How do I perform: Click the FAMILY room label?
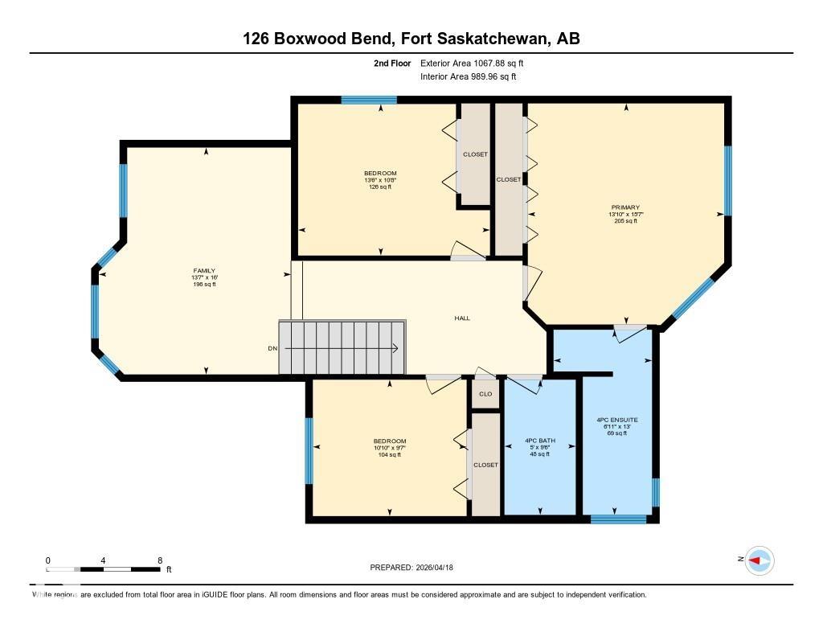(x=203, y=271)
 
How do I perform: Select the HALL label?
(x=462, y=318)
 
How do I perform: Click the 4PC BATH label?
(x=539, y=441)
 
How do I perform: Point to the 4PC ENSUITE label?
(x=616, y=420)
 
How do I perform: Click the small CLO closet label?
(x=485, y=394)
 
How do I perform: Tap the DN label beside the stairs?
(x=272, y=348)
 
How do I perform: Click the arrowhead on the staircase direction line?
(x=396, y=348)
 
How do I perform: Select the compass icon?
(x=759, y=560)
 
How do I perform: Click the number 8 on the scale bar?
(x=160, y=560)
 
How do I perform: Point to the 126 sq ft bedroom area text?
(x=380, y=187)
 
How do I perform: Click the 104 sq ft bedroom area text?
(x=389, y=455)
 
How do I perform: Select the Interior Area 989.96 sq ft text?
(x=468, y=77)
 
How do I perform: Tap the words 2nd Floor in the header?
(x=392, y=63)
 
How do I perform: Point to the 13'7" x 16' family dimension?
(x=203, y=277)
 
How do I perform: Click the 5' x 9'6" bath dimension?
(x=539, y=448)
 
